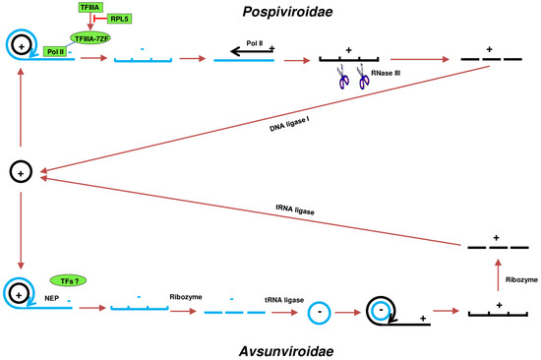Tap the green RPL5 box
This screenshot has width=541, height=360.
pos(121,18)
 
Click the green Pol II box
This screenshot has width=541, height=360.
pos(56,51)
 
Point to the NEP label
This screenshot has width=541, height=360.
pos(50,293)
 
